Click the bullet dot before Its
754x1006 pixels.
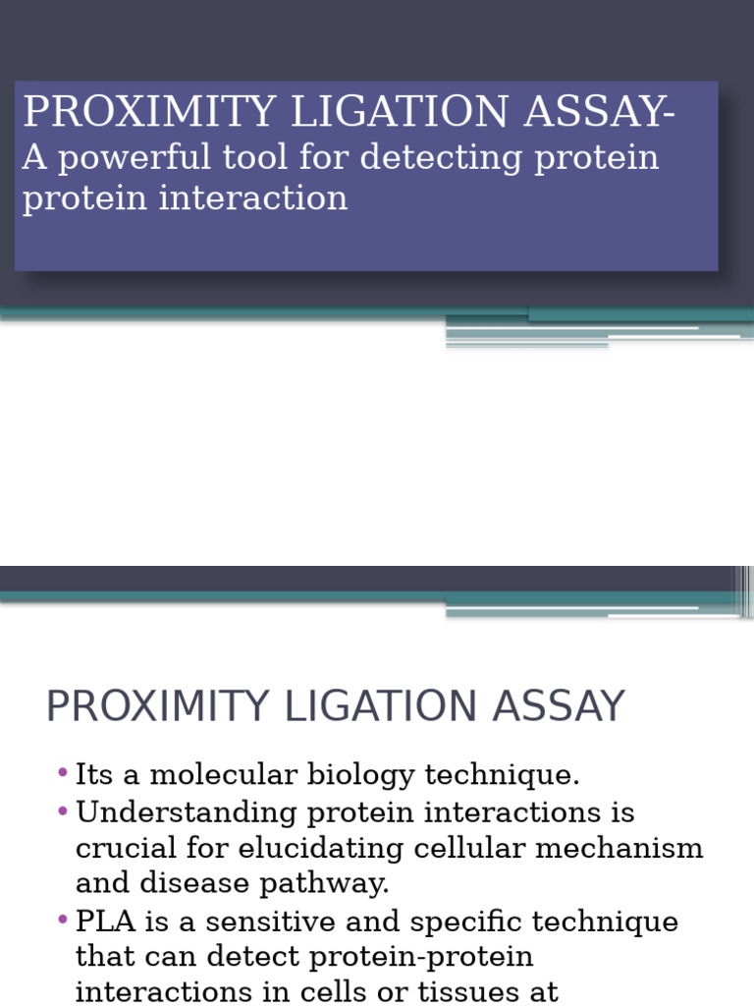click(x=63, y=774)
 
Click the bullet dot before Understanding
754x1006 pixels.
click(x=63, y=811)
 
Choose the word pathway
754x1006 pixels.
click(x=324, y=884)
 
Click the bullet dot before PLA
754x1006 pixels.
click(x=63, y=921)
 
